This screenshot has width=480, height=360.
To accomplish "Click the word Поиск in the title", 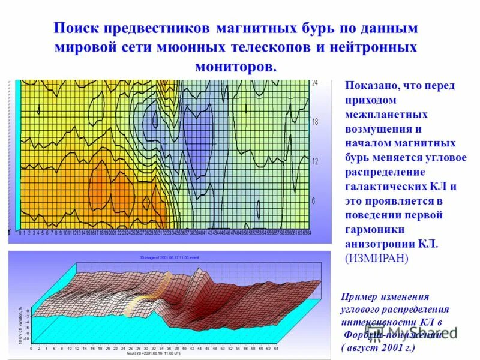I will tap(79, 28).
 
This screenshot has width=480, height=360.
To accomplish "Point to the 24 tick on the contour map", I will tap(315, 83).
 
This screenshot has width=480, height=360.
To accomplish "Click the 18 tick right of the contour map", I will tap(315, 122).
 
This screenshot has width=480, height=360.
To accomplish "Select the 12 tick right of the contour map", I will tap(315, 161).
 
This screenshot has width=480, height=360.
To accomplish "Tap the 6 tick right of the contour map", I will tap(313, 200).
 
